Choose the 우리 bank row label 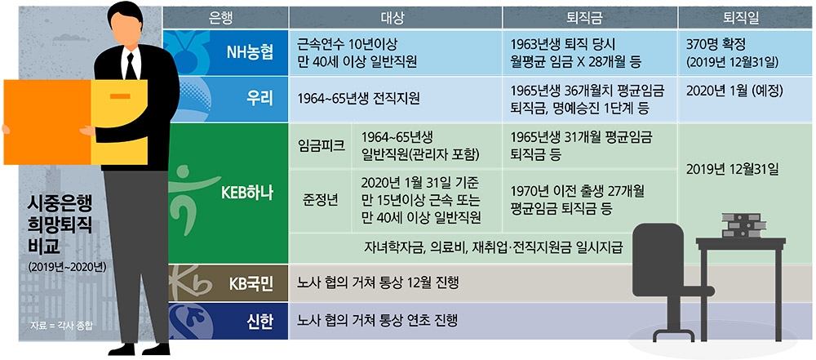(x=259, y=98)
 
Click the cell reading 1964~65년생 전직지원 (x=359, y=99)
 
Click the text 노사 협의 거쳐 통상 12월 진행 (x=379, y=284)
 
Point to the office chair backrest (x=660, y=246)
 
